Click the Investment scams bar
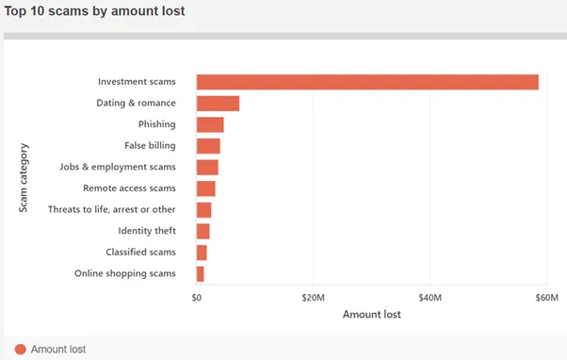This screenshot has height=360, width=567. [x=367, y=82]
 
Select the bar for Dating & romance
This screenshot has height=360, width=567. [x=219, y=104]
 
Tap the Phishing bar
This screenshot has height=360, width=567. [x=210, y=124]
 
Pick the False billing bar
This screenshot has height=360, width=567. [x=208, y=146]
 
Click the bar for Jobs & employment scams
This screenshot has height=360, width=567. [x=207, y=168]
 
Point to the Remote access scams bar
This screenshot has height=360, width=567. [x=206, y=188]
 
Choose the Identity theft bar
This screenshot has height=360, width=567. [x=202, y=232]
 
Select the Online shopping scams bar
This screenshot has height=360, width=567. [x=201, y=274]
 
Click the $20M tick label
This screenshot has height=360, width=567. [x=313, y=298]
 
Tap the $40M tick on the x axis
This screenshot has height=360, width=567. [x=429, y=298]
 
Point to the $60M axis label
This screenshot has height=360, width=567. [x=546, y=298]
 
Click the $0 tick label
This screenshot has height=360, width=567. [x=196, y=298]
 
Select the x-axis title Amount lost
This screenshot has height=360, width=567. [x=372, y=314]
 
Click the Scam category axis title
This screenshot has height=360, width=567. [x=24, y=178]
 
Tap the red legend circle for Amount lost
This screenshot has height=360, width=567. [x=21, y=349]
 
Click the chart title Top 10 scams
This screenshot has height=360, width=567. [x=94, y=11]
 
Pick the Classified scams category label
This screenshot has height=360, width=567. [x=140, y=252]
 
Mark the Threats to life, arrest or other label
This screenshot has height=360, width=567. [x=112, y=209]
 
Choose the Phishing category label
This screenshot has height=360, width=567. [x=157, y=124]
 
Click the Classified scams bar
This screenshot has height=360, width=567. [x=202, y=253]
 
